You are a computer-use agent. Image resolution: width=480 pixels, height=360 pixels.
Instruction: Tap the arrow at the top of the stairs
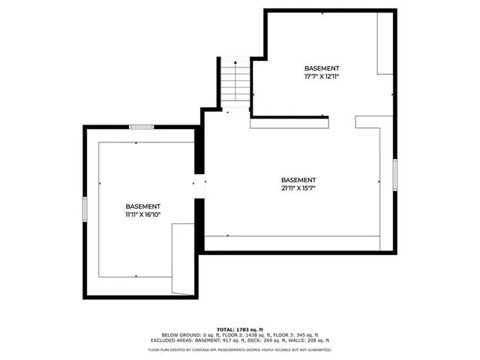point(235,63)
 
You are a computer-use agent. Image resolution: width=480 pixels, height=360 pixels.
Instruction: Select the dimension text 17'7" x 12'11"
point(322,76)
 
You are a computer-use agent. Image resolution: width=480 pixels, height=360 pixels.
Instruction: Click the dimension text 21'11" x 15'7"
point(298,188)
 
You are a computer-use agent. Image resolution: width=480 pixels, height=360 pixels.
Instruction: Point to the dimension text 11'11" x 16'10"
point(142,214)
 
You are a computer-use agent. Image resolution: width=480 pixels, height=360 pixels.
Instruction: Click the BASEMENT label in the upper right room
point(322,67)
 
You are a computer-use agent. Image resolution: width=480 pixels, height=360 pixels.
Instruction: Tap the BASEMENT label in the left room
point(142,206)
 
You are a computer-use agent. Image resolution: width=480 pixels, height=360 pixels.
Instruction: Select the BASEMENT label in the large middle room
point(298,180)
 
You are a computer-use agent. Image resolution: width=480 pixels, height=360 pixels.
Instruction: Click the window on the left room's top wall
point(142,127)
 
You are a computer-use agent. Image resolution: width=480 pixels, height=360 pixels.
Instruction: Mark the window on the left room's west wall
point(85,209)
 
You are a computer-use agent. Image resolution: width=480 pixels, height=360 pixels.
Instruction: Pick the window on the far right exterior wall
point(394,173)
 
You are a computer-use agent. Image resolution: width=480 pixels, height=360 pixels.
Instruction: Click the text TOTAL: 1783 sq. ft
point(240,329)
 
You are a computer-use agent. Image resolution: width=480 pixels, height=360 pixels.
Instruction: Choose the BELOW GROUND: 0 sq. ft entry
point(194,335)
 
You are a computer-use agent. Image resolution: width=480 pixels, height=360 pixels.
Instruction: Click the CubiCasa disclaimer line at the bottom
point(240,349)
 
